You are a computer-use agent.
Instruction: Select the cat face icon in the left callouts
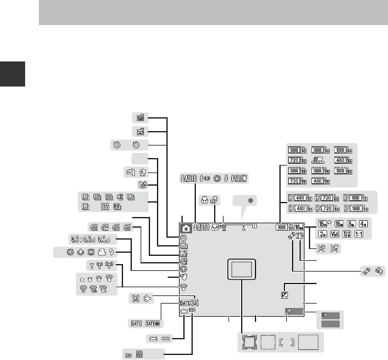[x=143, y=184]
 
